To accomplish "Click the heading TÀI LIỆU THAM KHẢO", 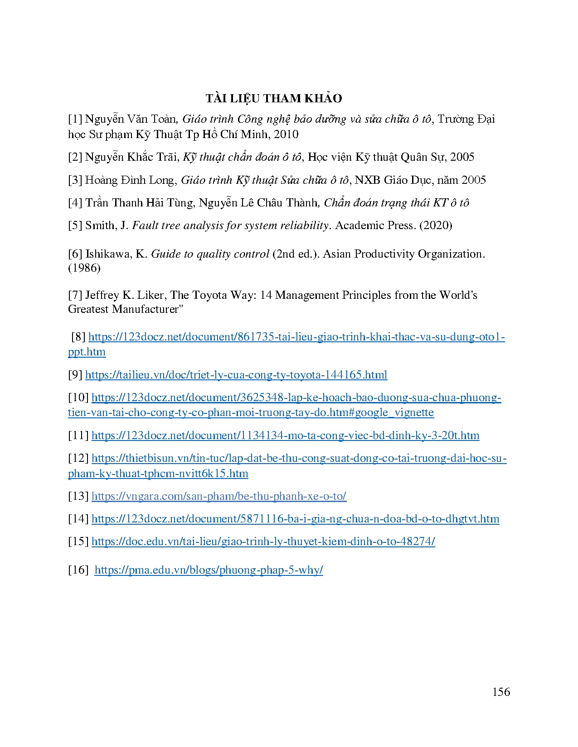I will coord(273,98).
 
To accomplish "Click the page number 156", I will coord(501,691).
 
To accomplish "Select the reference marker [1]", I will coord(75,119).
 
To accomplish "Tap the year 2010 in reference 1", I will coord(287,134).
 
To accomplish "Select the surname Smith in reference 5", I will coord(100,225).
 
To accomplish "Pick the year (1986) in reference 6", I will coord(84,268).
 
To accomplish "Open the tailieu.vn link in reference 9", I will coord(236,375).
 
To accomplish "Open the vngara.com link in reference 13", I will coord(219,496).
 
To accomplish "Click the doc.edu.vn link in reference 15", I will coord(263,541).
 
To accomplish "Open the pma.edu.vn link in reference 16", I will coord(209,570).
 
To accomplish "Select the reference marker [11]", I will coord(78,436).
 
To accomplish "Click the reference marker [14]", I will coord(78,519).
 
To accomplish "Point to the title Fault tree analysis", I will coord(172,225).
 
